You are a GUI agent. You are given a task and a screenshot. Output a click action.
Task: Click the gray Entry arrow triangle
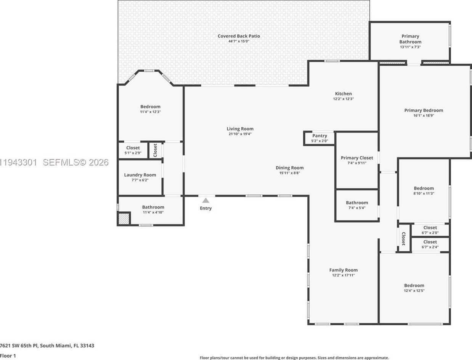click(x=205, y=200)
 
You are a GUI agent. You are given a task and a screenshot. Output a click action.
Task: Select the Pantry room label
click(x=319, y=136)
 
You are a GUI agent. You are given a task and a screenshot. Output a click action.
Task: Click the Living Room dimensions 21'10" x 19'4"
click(x=240, y=134)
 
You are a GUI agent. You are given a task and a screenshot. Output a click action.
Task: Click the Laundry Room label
click(x=140, y=175)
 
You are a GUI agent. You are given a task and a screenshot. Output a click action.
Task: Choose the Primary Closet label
click(x=357, y=158)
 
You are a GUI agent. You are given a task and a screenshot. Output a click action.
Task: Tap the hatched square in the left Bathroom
click(x=124, y=219)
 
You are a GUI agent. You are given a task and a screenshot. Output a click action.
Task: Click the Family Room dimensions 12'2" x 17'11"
click(x=343, y=275)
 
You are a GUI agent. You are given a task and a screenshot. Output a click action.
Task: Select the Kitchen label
click(x=343, y=93)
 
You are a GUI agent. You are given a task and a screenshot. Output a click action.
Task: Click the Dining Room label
click(x=290, y=168)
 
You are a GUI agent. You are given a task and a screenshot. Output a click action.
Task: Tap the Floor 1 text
click(x=8, y=356)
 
